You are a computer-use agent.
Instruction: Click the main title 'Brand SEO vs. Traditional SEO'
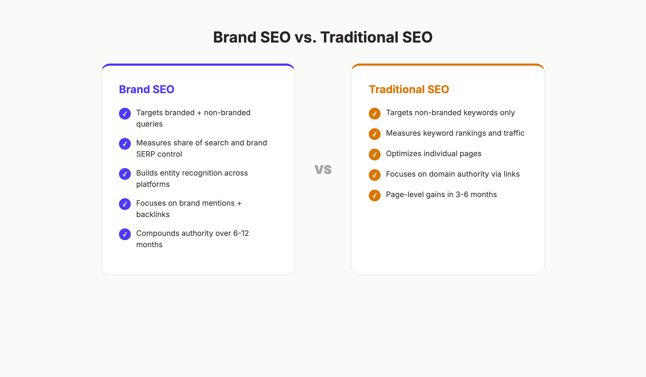(x=323, y=37)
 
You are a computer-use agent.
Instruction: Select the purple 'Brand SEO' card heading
(x=147, y=89)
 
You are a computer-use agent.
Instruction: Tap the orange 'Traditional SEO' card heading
(x=409, y=89)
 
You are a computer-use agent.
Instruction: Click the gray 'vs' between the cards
(x=323, y=169)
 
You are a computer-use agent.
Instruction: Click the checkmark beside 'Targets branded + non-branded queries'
(x=125, y=114)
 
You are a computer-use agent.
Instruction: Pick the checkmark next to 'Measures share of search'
(x=125, y=144)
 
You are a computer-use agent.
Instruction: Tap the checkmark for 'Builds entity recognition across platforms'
(x=125, y=174)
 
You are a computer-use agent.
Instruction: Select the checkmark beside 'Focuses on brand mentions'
(x=125, y=204)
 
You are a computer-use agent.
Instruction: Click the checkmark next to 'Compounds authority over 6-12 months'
(x=125, y=234)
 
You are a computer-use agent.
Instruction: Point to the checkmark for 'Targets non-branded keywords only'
(x=375, y=114)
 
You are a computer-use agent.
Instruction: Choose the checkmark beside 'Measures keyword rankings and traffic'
(x=375, y=134)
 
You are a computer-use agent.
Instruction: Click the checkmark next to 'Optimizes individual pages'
(x=375, y=155)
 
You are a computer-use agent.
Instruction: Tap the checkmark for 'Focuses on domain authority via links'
(x=375, y=175)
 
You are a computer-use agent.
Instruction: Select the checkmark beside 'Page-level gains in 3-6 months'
(x=375, y=196)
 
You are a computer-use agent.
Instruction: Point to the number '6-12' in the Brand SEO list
(x=241, y=233)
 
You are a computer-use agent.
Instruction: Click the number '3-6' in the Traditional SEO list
(x=462, y=194)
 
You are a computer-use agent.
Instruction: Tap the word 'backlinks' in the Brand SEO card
(x=153, y=215)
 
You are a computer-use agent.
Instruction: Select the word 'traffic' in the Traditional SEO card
(x=514, y=133)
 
